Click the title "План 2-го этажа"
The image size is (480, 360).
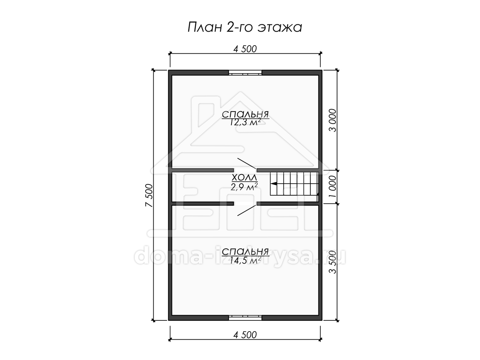point(245,28)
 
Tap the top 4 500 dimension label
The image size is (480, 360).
point(245,49)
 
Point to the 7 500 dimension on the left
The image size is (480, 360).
point(149,195)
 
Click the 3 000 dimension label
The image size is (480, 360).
point(332,120)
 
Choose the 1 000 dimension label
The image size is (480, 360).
point(332,186)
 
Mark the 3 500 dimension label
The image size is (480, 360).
point(332,262)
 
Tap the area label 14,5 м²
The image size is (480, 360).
point(245,260)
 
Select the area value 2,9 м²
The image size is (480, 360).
point(244,187)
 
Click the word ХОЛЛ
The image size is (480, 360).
point(244,178)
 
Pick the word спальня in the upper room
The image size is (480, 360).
point(245,114)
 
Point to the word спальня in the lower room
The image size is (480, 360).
point(245,252)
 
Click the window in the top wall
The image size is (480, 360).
point(245,72)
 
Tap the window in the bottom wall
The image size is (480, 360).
point(245,318)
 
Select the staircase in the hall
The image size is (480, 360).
point(294,184)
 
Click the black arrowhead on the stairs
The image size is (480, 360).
point(274,184)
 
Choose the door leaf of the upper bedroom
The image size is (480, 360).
point(247,163)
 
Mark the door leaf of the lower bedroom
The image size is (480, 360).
point(247,210)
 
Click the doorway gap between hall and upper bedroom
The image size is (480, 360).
point(245,170)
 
